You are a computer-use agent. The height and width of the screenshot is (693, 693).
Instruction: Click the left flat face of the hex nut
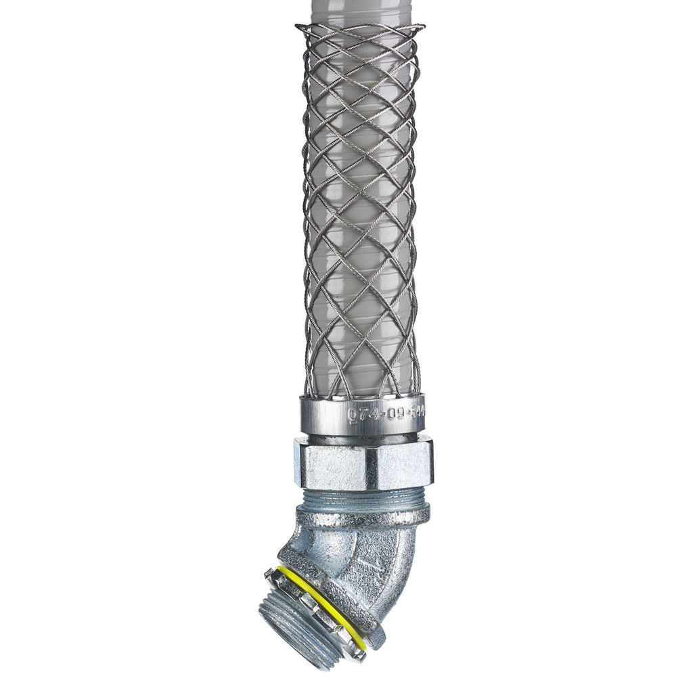tap(332, 464)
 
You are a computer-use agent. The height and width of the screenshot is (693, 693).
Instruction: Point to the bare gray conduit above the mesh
tap(359, 12)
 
